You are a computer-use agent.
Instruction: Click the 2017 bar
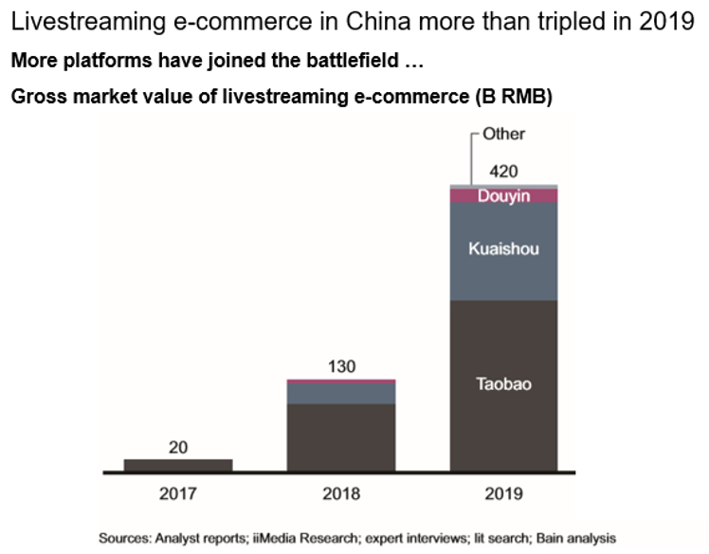[178, 465]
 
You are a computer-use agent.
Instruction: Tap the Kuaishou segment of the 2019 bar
[503, 251]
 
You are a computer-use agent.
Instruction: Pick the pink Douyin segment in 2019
[503, 196]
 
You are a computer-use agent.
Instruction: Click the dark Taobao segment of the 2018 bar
[341, 436]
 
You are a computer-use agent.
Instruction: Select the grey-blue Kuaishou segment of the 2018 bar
[341, 393]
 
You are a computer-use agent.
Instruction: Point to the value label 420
[504, 172]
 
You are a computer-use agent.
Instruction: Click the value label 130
[341, 366]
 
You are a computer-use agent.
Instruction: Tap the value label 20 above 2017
[178, 447]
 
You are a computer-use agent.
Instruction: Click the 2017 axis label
[178, 493]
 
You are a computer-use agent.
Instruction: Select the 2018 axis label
[341, 493]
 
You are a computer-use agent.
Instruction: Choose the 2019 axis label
[503, 493]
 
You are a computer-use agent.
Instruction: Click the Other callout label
[503, 134]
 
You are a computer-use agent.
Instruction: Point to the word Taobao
[503, 384]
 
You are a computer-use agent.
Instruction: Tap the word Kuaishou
[503, 249]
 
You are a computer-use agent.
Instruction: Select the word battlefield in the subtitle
[354, 63]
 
